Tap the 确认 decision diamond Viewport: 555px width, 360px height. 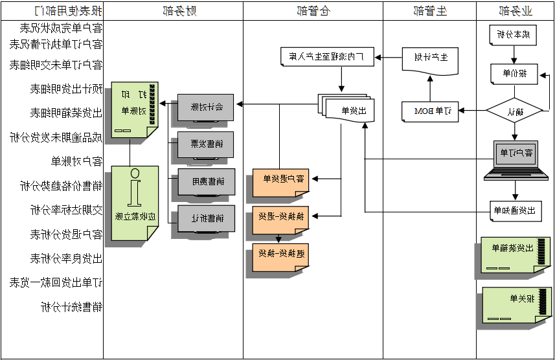(x=515, y=111)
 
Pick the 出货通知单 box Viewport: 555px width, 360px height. (x=515, y=210)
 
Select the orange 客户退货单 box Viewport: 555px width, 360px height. (x=280, y=181)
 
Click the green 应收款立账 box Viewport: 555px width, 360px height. (x=135, y=203)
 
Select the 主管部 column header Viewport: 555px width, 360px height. (x=430, y=10)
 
